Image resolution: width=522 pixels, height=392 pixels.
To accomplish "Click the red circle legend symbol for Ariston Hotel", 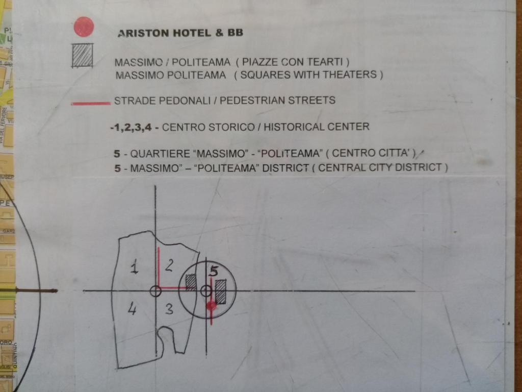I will (x=84, y=27).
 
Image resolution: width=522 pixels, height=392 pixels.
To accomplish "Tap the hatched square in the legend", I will (x=82, y=56).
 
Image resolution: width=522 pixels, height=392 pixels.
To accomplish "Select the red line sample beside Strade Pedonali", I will (x=91, y=103).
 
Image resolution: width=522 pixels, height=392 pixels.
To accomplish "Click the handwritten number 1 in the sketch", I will (x=134, y=267).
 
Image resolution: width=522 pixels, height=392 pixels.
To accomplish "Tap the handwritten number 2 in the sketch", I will (x=170, y=265).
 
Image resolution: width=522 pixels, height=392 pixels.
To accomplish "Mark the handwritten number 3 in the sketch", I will (x=169, y=309).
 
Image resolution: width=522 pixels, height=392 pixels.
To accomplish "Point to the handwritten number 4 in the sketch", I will (x=132, y=309).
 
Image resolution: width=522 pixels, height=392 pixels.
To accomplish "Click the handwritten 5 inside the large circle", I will (x=214, y=271).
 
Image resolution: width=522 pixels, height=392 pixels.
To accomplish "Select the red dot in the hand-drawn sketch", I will (x=211, y=306).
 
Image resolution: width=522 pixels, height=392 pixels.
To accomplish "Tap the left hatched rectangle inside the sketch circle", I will (x=191, y=282).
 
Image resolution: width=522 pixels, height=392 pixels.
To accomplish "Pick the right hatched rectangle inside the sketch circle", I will (x=221, y=291).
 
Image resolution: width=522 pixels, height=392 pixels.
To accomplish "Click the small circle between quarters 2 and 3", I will (x=155, y=291).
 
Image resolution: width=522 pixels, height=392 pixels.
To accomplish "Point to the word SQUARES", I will (x=263, y=75).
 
